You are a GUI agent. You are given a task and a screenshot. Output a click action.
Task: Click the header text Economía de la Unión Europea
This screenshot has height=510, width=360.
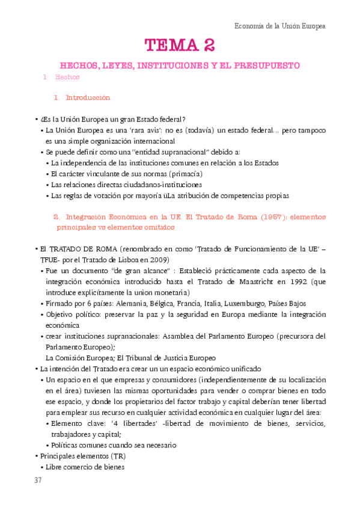tap(279, 26)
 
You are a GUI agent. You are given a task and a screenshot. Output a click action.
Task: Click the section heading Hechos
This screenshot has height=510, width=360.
tap(67, 78)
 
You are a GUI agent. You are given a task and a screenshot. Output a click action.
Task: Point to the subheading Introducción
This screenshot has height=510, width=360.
tap(88, 97)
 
